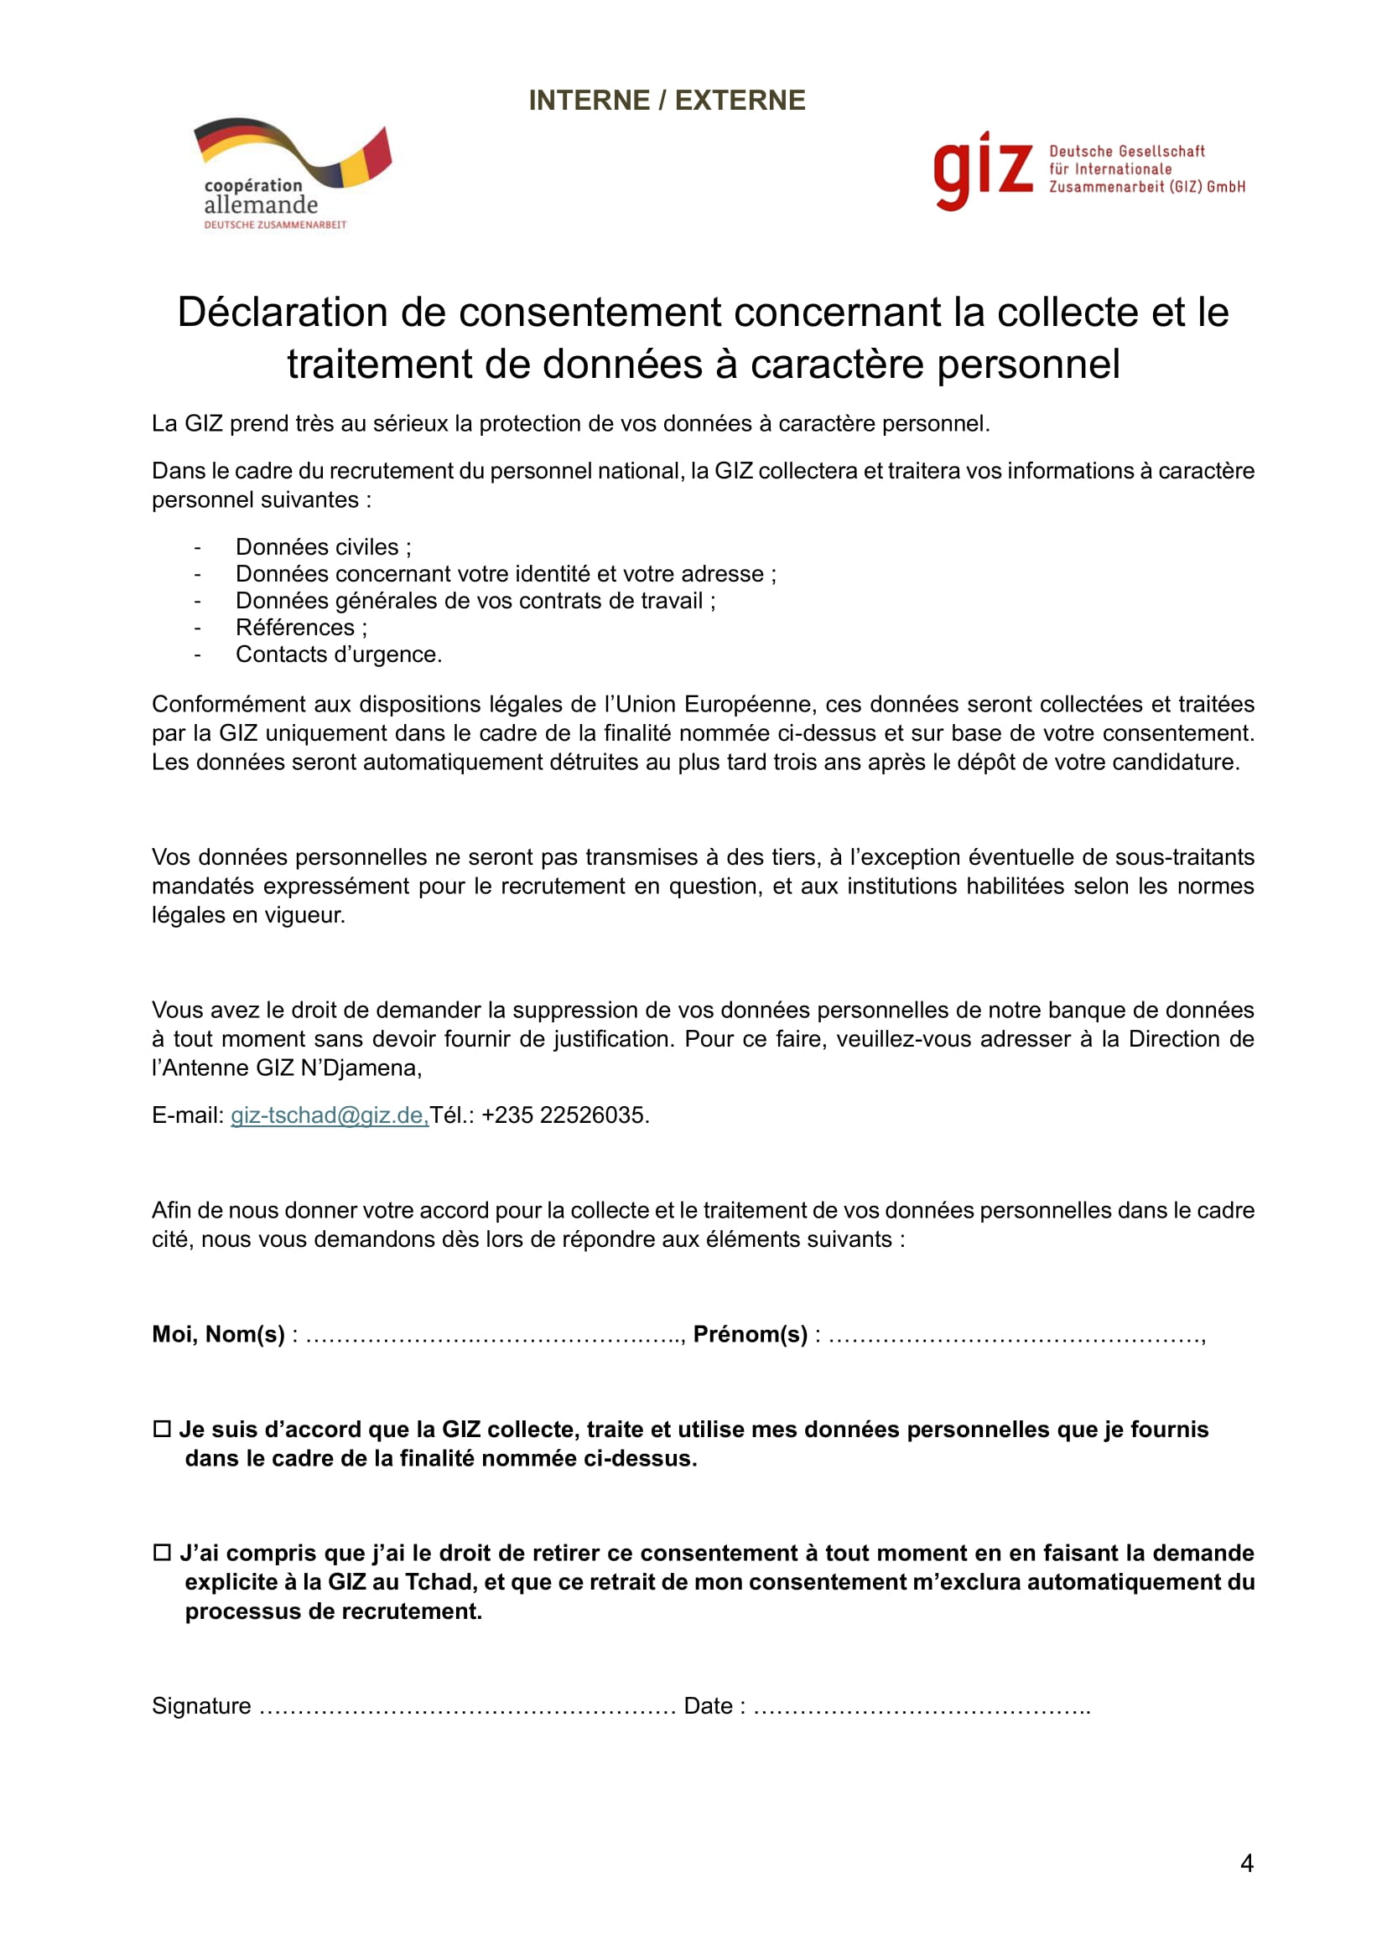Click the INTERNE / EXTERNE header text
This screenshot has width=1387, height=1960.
click(x=666, y=101)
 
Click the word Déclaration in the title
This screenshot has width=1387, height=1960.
click(x=281, y=313)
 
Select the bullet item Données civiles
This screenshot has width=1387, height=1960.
click(x=323, y=547)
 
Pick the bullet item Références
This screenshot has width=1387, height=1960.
click(x=301, y=628)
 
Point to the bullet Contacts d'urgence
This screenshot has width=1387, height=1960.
click(x=338, y=654)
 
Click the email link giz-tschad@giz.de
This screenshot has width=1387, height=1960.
click(x=329, y=1114)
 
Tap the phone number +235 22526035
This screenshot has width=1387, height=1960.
click(x=564, y=1114)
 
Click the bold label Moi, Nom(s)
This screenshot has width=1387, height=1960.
click(x=218, y=1334)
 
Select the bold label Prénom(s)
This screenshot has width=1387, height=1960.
click(x=750, y=1334)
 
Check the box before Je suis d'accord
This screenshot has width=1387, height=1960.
click(x=161, y=1429)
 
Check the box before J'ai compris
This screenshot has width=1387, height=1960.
click(x=161, y=1553)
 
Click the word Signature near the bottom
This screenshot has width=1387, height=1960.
click(x=201, y=1705)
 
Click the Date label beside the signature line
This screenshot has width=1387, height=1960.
click(x=708, y=1705)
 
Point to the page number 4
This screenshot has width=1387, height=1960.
click(x=1246, y=1864)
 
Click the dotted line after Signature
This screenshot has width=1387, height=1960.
click(x=466, y=1707)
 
